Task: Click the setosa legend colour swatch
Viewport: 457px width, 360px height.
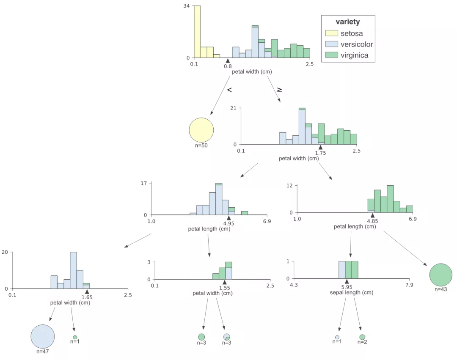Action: tap(332, 33)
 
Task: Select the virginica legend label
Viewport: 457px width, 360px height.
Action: tap(354, 55)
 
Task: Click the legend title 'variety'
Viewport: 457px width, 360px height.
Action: tap(348, 22)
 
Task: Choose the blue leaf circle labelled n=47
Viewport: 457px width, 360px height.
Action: tap(43, 337)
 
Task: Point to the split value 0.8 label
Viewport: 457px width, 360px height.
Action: tap(228, 66)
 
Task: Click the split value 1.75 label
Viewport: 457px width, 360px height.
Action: tap(320, 153)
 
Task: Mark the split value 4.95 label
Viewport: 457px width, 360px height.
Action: tap(229, 223)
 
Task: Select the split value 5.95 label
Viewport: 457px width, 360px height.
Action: tap(347, 287)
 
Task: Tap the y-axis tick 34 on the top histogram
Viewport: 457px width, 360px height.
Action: tap(187, 6)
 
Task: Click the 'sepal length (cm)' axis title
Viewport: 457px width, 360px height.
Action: tap(352, 292)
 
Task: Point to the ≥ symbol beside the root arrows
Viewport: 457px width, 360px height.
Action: tap(280, 90)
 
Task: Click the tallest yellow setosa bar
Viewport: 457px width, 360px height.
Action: tap(197, 32)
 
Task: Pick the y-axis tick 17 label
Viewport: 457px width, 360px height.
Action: tap(143, 183)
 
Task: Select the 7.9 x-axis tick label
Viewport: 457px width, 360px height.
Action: tap(409, 285)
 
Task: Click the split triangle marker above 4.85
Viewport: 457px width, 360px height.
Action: tap(372, 216)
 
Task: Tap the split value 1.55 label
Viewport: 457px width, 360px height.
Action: tap(225, 288)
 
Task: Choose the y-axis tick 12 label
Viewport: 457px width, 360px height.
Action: tap(289, 186)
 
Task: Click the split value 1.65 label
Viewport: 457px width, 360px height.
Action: tap(87, 297)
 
